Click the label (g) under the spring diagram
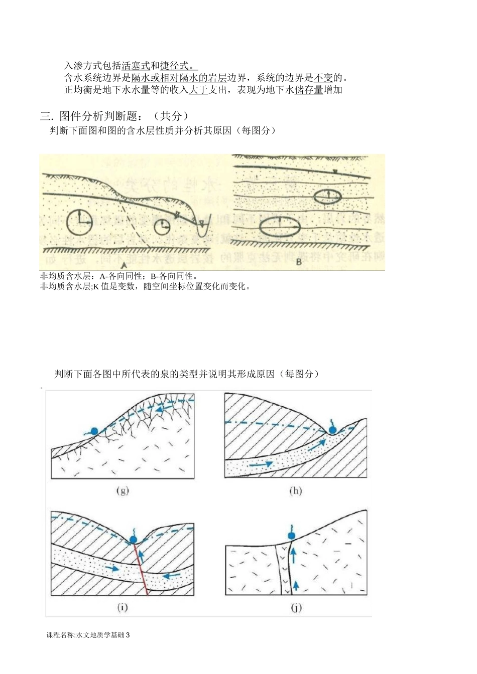[123, 490]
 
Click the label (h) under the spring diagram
[295, 490]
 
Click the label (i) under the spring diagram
[123, 607]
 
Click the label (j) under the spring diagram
[296, 607]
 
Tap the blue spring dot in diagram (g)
[93, 430]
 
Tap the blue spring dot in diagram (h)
[332, 430]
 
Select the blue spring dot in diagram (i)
[133, 540]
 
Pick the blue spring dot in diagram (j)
[291, 536]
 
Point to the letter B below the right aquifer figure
[298, 261]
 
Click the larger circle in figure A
[79, 222]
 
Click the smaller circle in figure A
[162, 227]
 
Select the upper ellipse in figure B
[327, 196]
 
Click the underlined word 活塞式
[136, 66]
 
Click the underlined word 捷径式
[175, 66]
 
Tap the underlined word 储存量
[309, 90]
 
